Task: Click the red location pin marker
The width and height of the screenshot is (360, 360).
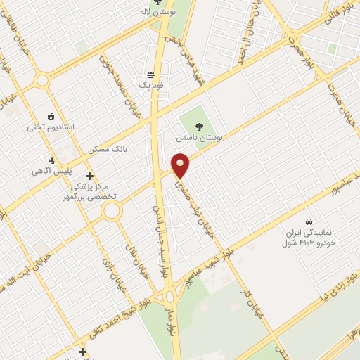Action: click(181, 165)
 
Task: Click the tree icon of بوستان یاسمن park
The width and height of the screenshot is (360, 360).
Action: click(199, 127)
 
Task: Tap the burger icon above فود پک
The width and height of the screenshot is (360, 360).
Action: click(150, 74)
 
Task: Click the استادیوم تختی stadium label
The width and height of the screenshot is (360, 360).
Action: click(50, 127)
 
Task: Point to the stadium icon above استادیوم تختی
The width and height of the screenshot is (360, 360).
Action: click(51, 116)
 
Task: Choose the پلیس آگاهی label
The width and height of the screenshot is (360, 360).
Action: click(50, 171)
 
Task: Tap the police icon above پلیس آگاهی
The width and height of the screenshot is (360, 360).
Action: click(51, 160)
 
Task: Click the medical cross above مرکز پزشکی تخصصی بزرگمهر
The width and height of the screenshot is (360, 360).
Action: click(89, 176)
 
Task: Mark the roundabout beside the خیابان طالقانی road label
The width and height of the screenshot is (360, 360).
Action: click(42, 81)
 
